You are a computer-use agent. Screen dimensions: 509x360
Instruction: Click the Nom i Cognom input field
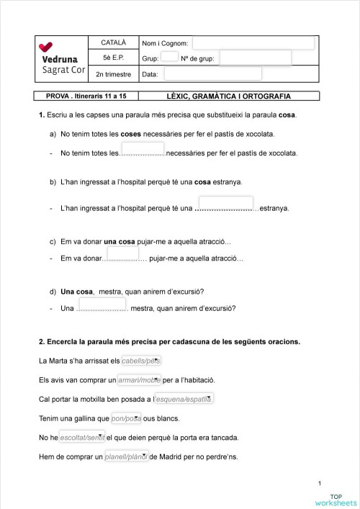click(x=253, y=44)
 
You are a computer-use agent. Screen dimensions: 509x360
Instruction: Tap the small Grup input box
click(x=169, y=57)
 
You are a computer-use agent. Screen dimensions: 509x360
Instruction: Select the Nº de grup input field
click(x=256, y=58)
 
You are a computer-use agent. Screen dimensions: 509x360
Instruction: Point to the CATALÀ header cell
click(x=114, y=43)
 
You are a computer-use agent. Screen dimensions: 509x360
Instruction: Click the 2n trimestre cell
click(x=114, y=73)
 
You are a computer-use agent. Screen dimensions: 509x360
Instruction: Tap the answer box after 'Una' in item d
click(x=102, y=306)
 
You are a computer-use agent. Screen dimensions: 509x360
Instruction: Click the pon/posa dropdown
click(x=126, y=418)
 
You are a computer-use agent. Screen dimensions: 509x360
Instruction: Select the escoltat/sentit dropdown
click(x=82, y=437)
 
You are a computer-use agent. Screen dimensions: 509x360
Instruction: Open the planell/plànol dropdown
click(x=126, y=456)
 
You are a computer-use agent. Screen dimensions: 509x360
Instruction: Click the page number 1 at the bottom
click(x=319, y=483)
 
